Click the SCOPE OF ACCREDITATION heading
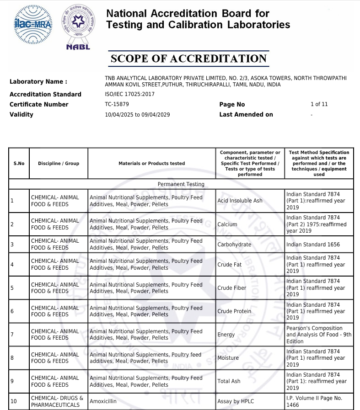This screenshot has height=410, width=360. pos(188,59)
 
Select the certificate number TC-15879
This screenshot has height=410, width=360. pos(117,104)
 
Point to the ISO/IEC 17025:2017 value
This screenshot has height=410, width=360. pos(129,94)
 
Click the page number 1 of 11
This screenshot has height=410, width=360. pos(319,104)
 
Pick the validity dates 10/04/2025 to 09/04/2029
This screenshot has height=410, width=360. pos(137,115)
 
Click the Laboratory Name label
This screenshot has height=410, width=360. pos(38,82)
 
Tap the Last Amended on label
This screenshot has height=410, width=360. pos(246,115)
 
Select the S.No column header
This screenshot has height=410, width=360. pos(19,163)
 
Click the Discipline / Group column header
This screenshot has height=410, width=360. pos(59,163)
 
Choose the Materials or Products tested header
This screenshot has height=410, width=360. pos(151,163)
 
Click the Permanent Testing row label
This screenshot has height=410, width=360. pos(181,184)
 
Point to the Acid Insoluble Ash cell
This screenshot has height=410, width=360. pos(240,201)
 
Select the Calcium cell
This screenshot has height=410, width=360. pos(227,224)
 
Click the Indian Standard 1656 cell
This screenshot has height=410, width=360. pos(313,245)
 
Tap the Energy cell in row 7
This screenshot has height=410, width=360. pos(226,335)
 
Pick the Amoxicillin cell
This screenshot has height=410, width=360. pos(105,401)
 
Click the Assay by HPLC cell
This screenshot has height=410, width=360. pos(236,401)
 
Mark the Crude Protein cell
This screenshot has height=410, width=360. pos(234,311)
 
